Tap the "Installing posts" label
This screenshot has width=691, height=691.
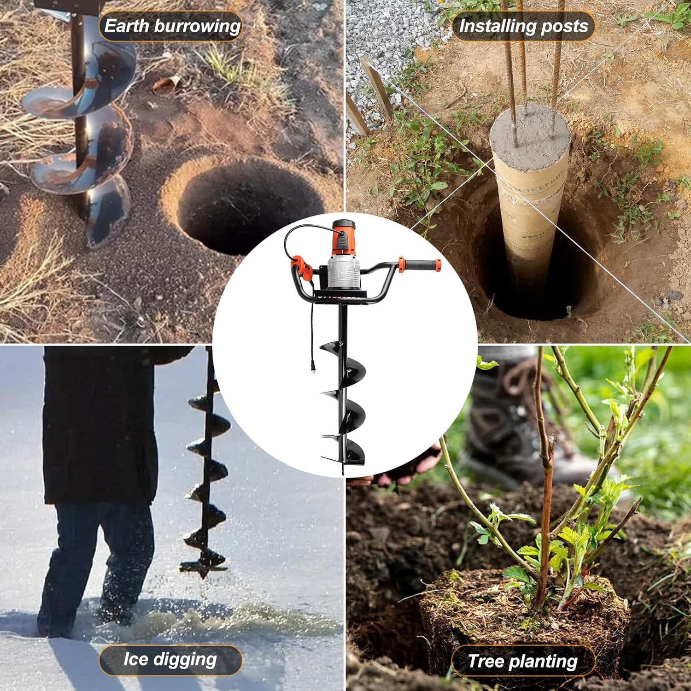coord(523,26)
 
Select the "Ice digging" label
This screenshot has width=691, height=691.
coord(170,660)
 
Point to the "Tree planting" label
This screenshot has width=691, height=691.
coord(522,661)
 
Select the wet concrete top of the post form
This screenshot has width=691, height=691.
coord(530,130)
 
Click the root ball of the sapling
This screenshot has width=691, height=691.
coord(525,613)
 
